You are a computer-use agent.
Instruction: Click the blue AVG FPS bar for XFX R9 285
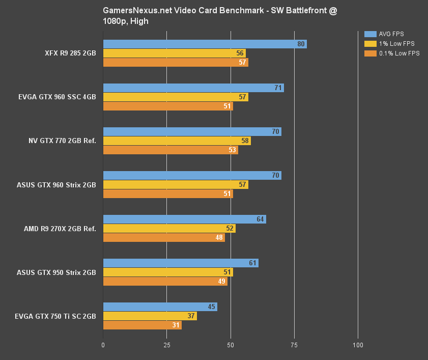click(x=204, y=44)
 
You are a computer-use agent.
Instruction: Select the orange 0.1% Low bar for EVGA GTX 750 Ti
click(x=142, y=325)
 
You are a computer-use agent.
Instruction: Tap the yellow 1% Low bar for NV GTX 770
click(x=177, y=141)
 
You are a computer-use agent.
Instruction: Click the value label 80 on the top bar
click(x=301, y=44)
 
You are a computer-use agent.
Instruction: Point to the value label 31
click(x=176, y=325)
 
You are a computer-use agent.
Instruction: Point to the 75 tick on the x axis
click(x=294, y=346)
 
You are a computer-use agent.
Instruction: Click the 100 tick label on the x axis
click(x=358, y=346)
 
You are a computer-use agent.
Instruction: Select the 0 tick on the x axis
click(x=103, y=346)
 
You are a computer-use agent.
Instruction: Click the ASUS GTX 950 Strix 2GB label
click(x=56, y=272)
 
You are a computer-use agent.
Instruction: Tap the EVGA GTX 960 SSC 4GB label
click(x=56, y=97)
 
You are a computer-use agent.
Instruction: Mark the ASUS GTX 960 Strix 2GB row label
click(x=56, y=185)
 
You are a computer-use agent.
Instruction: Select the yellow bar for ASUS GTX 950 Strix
click(x=168, y=272)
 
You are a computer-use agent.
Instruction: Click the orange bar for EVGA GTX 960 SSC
click(x=168, y=106)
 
